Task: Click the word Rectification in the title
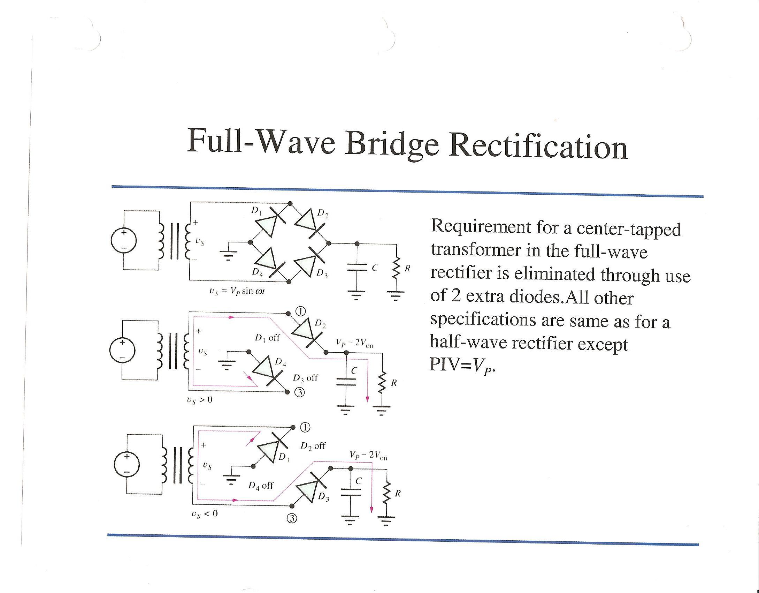538,147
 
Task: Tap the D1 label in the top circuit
256,210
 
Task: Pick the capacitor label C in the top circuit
375,268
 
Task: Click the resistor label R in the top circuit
407,268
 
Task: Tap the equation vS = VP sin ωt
237,291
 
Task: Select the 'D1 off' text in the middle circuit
267,338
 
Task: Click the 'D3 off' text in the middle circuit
305,378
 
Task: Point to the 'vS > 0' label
199,400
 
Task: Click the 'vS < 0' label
204,514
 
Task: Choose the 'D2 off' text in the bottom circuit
313,446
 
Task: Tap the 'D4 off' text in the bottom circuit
261,486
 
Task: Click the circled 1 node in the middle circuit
301,311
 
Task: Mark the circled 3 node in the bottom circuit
292,519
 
